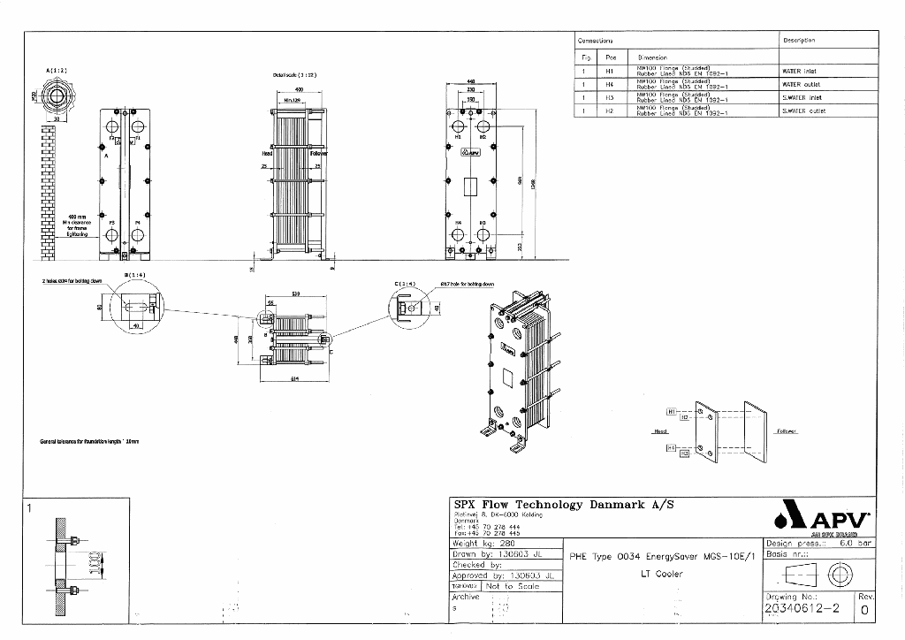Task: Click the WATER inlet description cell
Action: point(829,71)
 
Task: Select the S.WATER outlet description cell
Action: point(829,111)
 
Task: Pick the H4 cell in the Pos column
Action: point(610,85)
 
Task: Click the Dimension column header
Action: point(652,57)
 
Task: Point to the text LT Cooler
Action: point(658,574)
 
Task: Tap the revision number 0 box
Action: point(864,609)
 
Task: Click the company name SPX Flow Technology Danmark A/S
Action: point(564,504)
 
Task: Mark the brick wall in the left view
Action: point(49,190)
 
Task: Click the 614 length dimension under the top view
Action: point(294,378)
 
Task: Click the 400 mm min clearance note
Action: point(77,225)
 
